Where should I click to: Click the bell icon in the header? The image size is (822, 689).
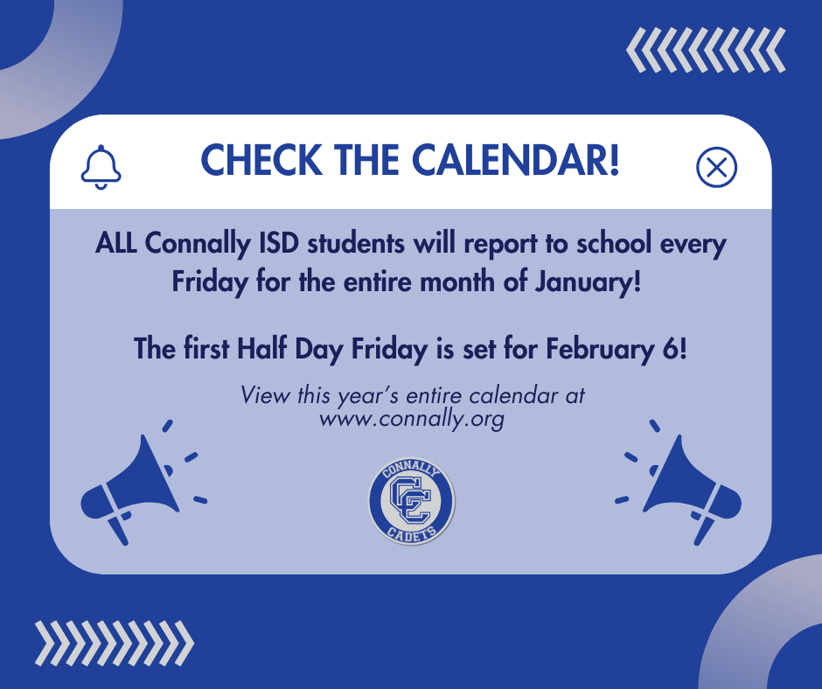[x=101, y=166]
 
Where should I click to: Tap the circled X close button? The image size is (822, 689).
[x=716, y=167]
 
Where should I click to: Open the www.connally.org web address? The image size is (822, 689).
[x=412, y=419]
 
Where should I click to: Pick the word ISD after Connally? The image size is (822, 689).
[x=270, y=244]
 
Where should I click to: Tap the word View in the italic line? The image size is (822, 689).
[x=260, y=394]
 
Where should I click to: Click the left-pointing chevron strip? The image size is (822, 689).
[x=706, y=51]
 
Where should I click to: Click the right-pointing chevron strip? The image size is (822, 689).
[x=114, y=643]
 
